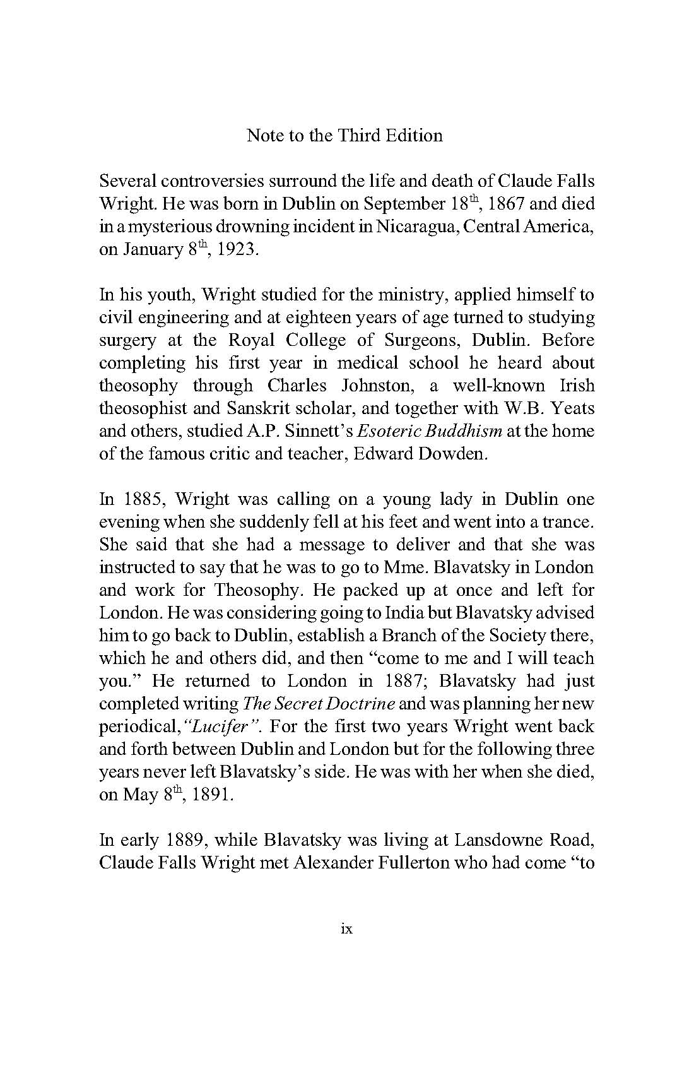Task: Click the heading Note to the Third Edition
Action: point(344,135)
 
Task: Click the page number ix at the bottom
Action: point(346,928)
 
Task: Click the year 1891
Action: point(213,795)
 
